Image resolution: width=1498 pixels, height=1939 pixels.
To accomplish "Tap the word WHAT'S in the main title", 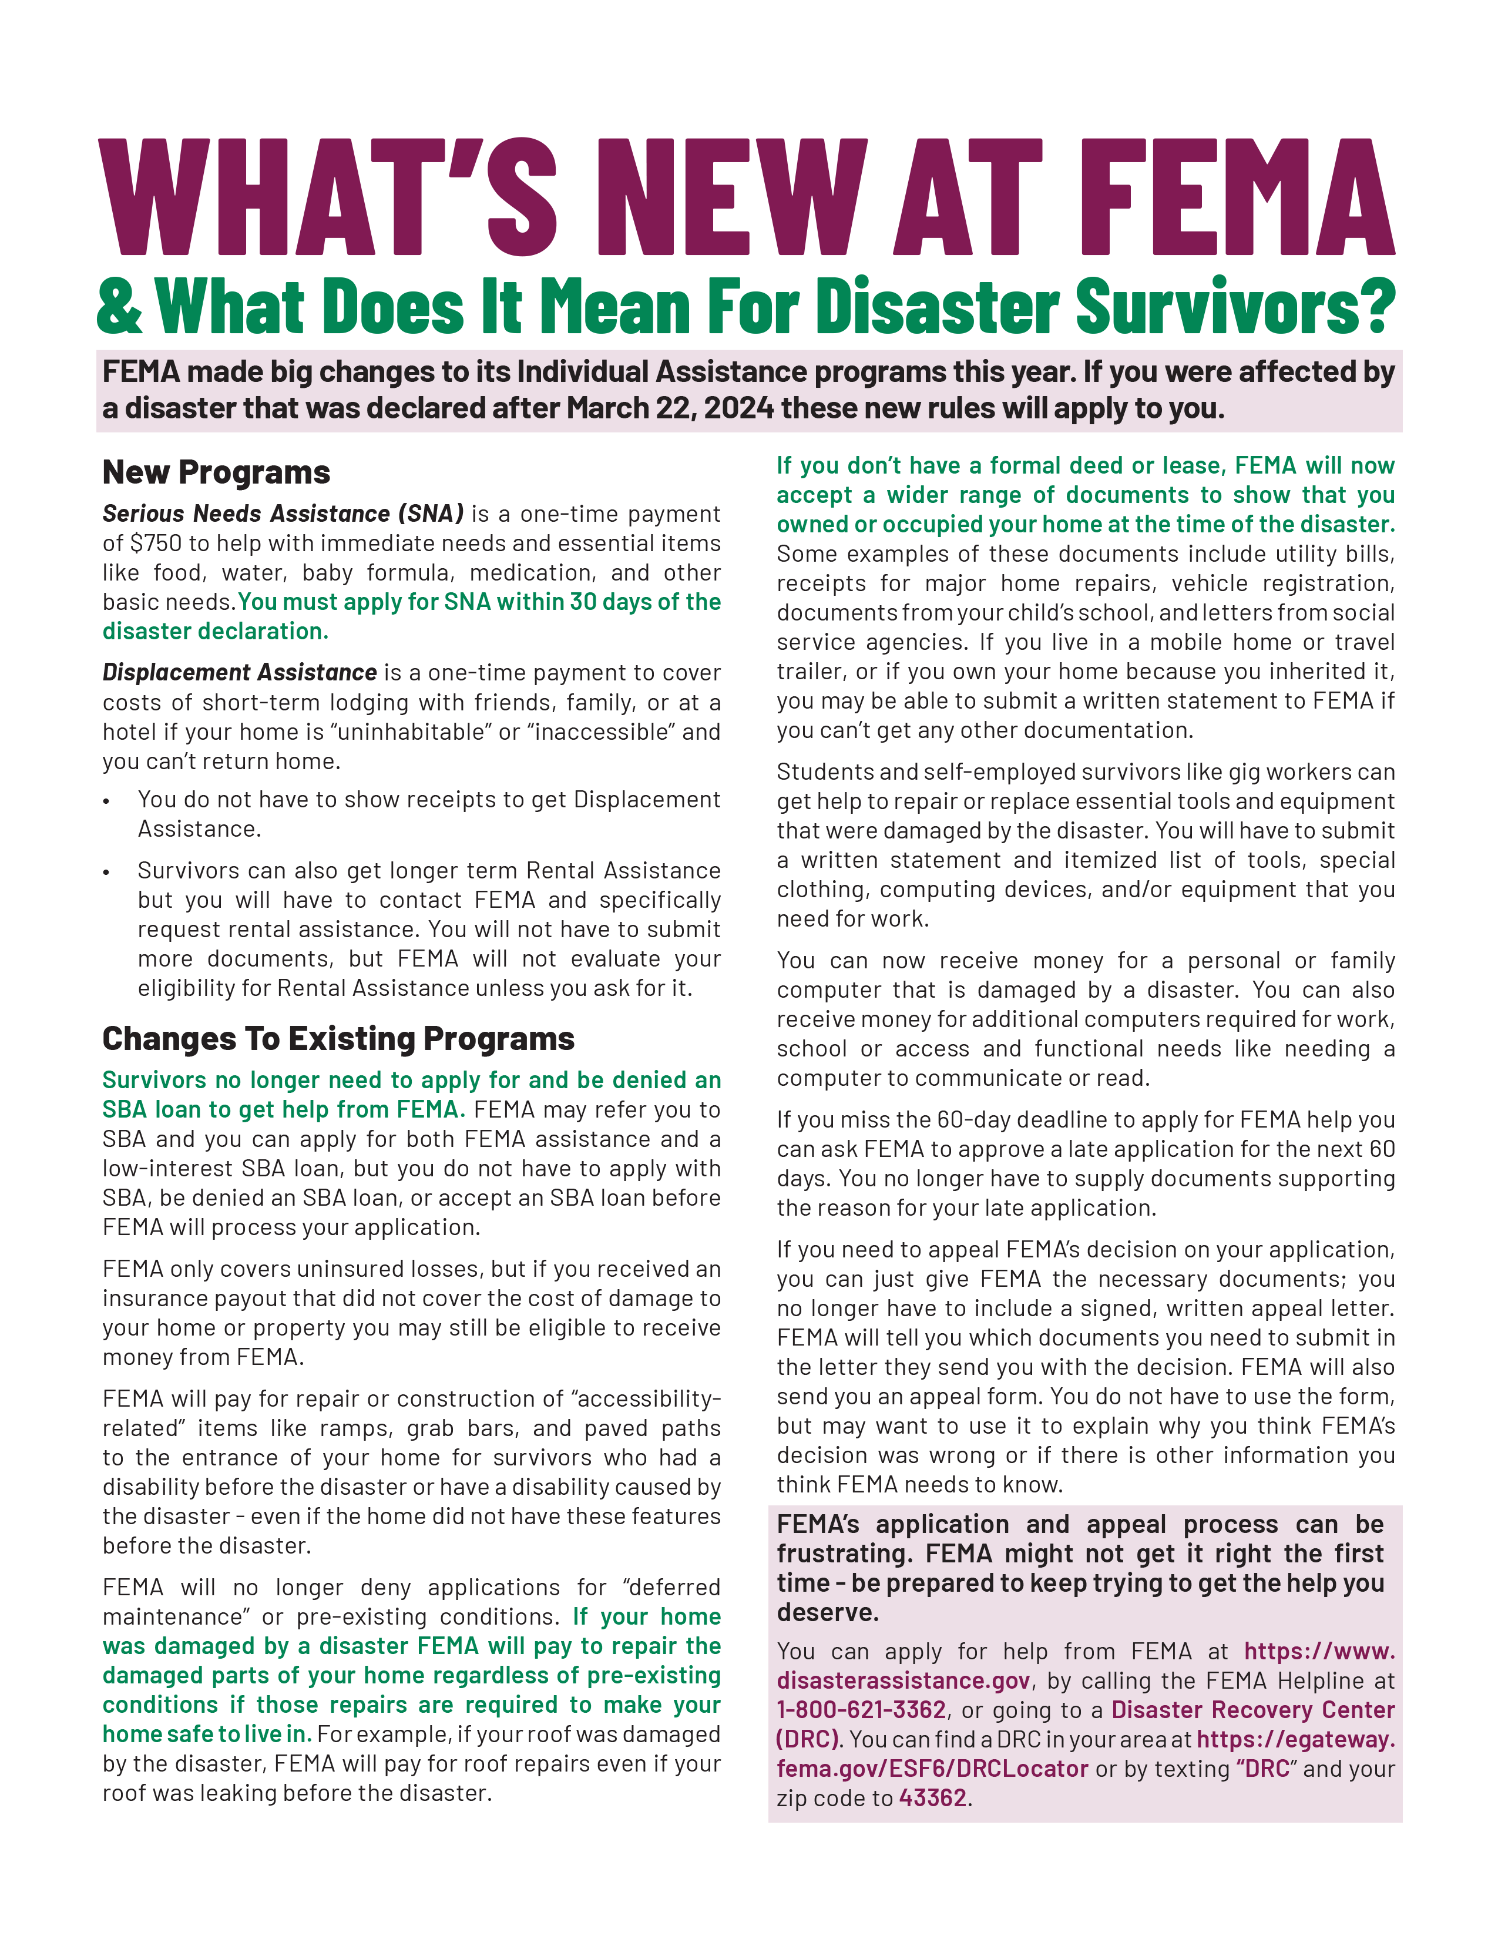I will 327,198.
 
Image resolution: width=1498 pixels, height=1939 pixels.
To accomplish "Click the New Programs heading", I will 217,472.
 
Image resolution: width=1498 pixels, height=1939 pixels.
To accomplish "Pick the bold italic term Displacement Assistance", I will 240,673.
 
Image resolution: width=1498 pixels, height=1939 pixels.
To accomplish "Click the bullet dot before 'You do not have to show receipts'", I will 106,801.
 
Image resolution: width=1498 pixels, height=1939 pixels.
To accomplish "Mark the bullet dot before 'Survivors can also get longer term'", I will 106,873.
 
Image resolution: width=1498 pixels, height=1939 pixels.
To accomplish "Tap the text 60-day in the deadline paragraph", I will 975,1121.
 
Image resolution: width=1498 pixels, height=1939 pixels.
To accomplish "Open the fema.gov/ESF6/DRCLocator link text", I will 932,1769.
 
